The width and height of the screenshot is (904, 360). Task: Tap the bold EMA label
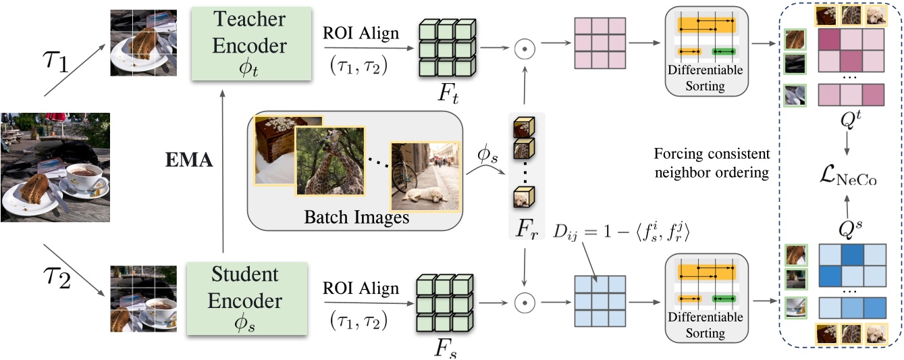tap(190, 161)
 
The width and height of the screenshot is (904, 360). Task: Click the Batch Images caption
tap(356, 217)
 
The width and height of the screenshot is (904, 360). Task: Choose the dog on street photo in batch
tap(424, 177)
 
